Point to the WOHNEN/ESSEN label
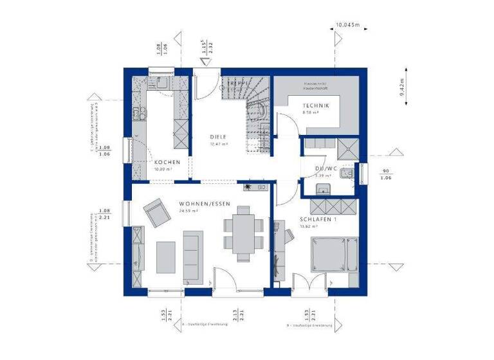click(x=197, y=203)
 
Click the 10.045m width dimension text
click(x=348, y=26)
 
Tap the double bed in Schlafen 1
click(x=333, y=255)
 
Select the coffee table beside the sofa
click(x=166, y=256)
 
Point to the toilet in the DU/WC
click(x=348, y=174)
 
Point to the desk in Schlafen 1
click(x=278, y=251)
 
